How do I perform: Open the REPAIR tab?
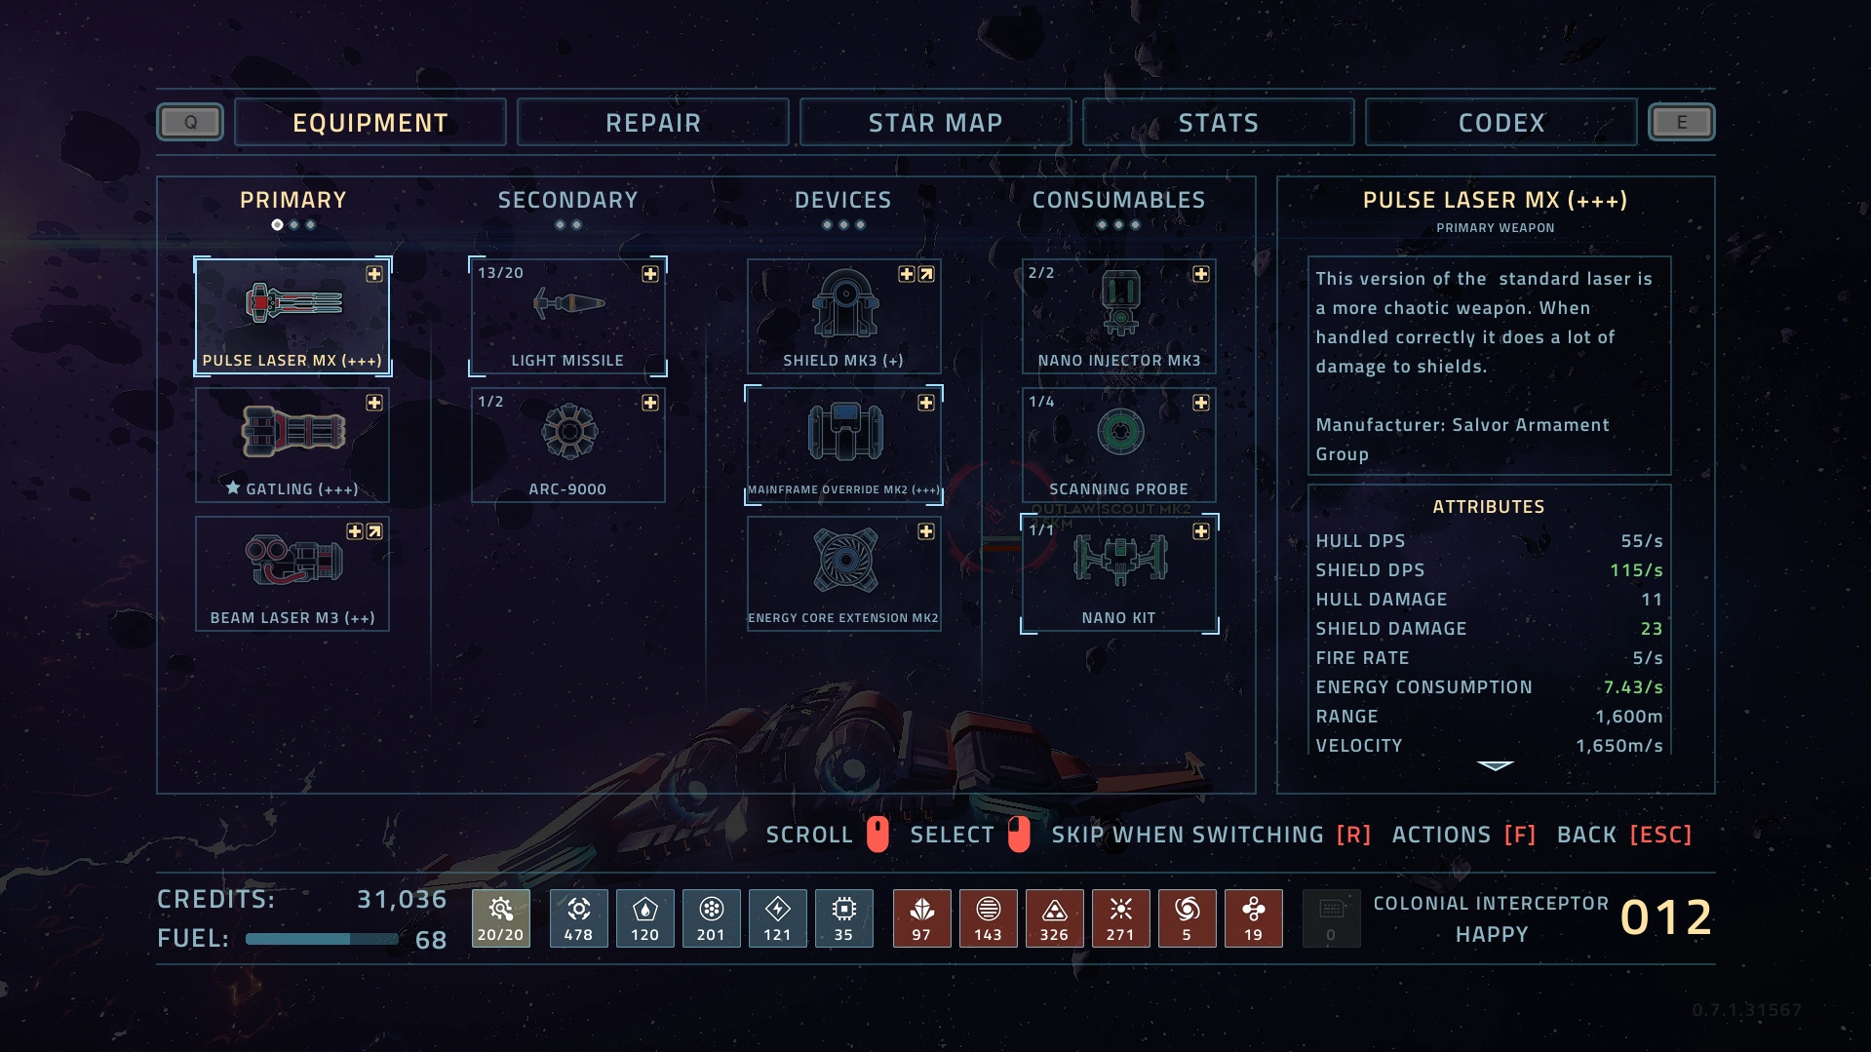click(652, 123)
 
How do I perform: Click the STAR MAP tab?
click(935, 123)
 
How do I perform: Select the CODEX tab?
click(1501, 123)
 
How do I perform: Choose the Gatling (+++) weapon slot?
click(292, 446)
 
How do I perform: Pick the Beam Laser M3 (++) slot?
click(292, 574)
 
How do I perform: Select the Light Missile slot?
click(568, 317)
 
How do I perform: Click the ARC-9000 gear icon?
click(569, 432)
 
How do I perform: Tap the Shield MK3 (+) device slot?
click(844, 317)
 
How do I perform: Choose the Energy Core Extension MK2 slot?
click(844, 574)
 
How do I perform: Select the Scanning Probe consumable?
click(1119, 446)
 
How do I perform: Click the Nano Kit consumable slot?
click(1119, 574)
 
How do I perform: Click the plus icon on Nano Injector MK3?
click(1201, 274)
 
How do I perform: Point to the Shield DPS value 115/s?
click(1636, 570)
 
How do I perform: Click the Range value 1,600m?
click(1628, 717)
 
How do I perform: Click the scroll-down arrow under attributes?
click(1495, 766)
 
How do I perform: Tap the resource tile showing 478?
click(578, 918)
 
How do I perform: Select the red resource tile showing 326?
click(1054, 918)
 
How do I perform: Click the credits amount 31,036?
click(402, 899)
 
